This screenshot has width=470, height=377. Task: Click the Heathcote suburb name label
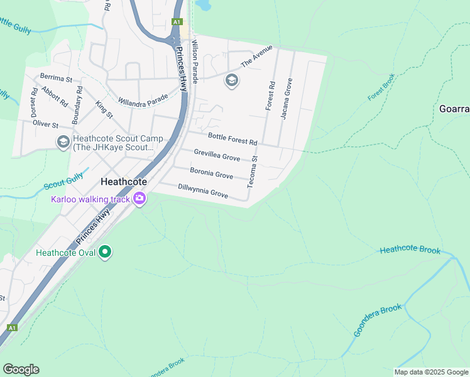(x=124, y=182)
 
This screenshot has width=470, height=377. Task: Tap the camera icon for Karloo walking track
(x=139, y=199)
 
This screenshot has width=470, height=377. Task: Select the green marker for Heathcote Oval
(x=106, y=253)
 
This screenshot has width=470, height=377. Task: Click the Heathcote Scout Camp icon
(x=63, y=143)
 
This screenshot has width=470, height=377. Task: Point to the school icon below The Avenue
(x=232, y=80)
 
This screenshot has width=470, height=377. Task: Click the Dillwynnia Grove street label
(x=203, y=191)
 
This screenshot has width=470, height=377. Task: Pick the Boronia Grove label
(x=212, y=173)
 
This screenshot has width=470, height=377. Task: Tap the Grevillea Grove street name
(x=217, y=155)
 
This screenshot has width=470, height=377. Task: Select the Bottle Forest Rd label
(x=232, y=139)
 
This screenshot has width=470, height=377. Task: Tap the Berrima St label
(x=57, y=79)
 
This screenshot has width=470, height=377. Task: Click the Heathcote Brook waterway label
(x=410, y=250)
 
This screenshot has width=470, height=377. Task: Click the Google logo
(x=21, y=369)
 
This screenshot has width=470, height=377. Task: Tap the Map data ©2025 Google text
(x=431, y=372)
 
